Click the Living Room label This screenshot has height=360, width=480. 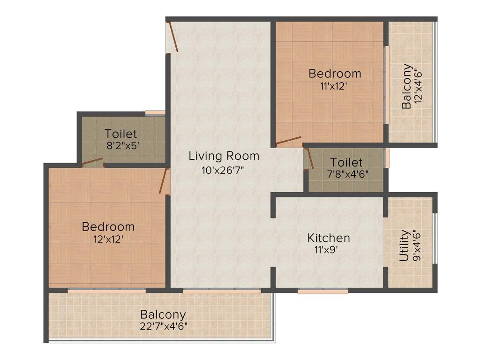[224, 156]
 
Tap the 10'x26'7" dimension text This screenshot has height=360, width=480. [224, 170]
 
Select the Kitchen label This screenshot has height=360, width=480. [329, 238]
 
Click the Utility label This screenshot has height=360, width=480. [404, 245]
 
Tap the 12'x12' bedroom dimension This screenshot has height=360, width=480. [108, 239]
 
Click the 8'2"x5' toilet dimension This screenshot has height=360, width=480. [123, 146]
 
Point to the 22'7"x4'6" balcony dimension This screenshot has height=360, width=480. [163, 326]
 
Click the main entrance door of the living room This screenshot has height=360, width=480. [172, 37]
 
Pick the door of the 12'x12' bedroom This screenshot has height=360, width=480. [164, 181]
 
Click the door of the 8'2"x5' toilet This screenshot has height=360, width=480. [92, 162]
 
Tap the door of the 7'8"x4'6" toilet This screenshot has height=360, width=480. [308, 158]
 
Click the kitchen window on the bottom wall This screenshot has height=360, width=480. [322, 291]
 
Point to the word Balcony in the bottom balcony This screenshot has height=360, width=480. [163, 315]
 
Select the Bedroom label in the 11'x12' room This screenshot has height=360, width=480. [335, 74]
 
